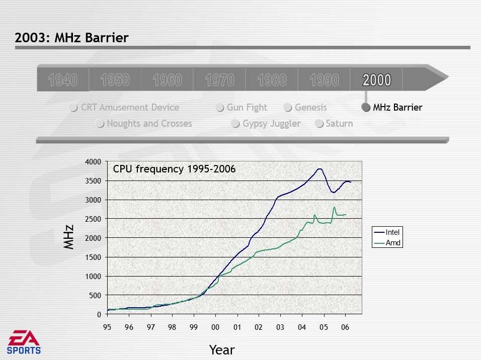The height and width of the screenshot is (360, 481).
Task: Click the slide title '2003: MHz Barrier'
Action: click(x=71, y=38)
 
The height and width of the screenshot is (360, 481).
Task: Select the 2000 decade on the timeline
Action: click(x=377, y=80)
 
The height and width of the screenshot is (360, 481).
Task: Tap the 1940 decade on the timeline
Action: click(x=63, y=80)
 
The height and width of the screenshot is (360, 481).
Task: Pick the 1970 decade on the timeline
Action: click(x=220, y=80)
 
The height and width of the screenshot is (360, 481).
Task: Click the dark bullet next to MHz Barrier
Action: click(x=366, y=107)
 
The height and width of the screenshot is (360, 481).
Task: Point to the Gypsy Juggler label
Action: click(x=272, y=124)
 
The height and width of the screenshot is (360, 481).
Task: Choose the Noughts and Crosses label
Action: click(x=149, y=124)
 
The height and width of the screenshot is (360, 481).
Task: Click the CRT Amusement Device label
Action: click(x=130, y=107)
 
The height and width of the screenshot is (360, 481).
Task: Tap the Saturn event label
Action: click(x=339, y=124)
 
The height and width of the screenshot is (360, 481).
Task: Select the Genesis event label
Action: click(x=311, y=107)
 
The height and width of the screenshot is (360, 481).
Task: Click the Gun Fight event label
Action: click(x=247, y=107)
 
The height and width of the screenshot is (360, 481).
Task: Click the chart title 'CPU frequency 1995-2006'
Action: click(x=174, y=169)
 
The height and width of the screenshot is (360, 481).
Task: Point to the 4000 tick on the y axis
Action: click(x=93, y=161)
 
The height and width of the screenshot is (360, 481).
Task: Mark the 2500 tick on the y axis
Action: click(x=93, y=219)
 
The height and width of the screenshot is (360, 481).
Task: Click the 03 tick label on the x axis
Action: click(x=280, y=327)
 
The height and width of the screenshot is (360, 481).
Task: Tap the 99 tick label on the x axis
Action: click(x=194, y=327)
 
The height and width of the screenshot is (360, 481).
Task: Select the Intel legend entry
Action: click(x=387, y=232)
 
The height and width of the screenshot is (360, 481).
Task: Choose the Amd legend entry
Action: click(x=387, y=243)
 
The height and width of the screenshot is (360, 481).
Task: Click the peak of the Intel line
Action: click(x=319, y=168)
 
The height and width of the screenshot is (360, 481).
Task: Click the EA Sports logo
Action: click(x=24, y=342)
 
